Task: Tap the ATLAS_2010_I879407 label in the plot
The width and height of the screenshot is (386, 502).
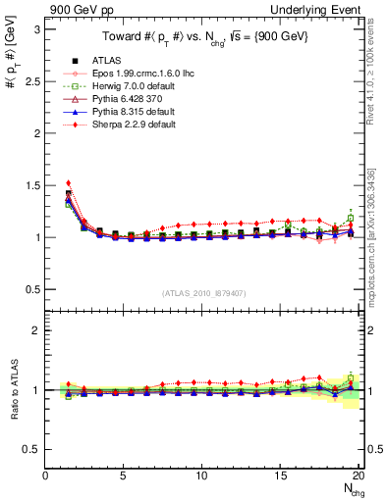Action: click(x=204, y=292)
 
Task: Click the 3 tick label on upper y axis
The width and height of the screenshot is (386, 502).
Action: click(x=35, y=29)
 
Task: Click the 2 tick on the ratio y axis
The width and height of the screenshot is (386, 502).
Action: click(x=35, y=330)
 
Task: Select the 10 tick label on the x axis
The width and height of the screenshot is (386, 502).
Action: click(x=201, y=476)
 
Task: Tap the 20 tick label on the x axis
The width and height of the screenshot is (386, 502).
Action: click(x=358, y=476)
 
